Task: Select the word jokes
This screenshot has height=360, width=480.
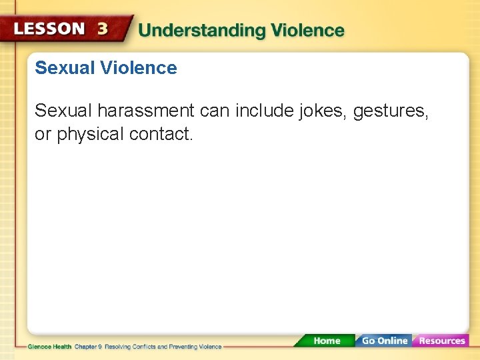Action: [x=323, y=111]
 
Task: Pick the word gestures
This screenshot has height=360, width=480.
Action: [x=391, y=111]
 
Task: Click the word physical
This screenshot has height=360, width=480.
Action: [x=91, y=134]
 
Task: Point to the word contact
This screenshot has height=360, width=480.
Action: [x=161, y=134]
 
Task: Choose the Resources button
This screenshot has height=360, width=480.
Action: [x=441, y=341]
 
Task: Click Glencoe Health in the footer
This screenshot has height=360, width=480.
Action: [x=49, y=347]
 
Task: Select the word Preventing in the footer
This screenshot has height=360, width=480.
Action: [x=187, y=347]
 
